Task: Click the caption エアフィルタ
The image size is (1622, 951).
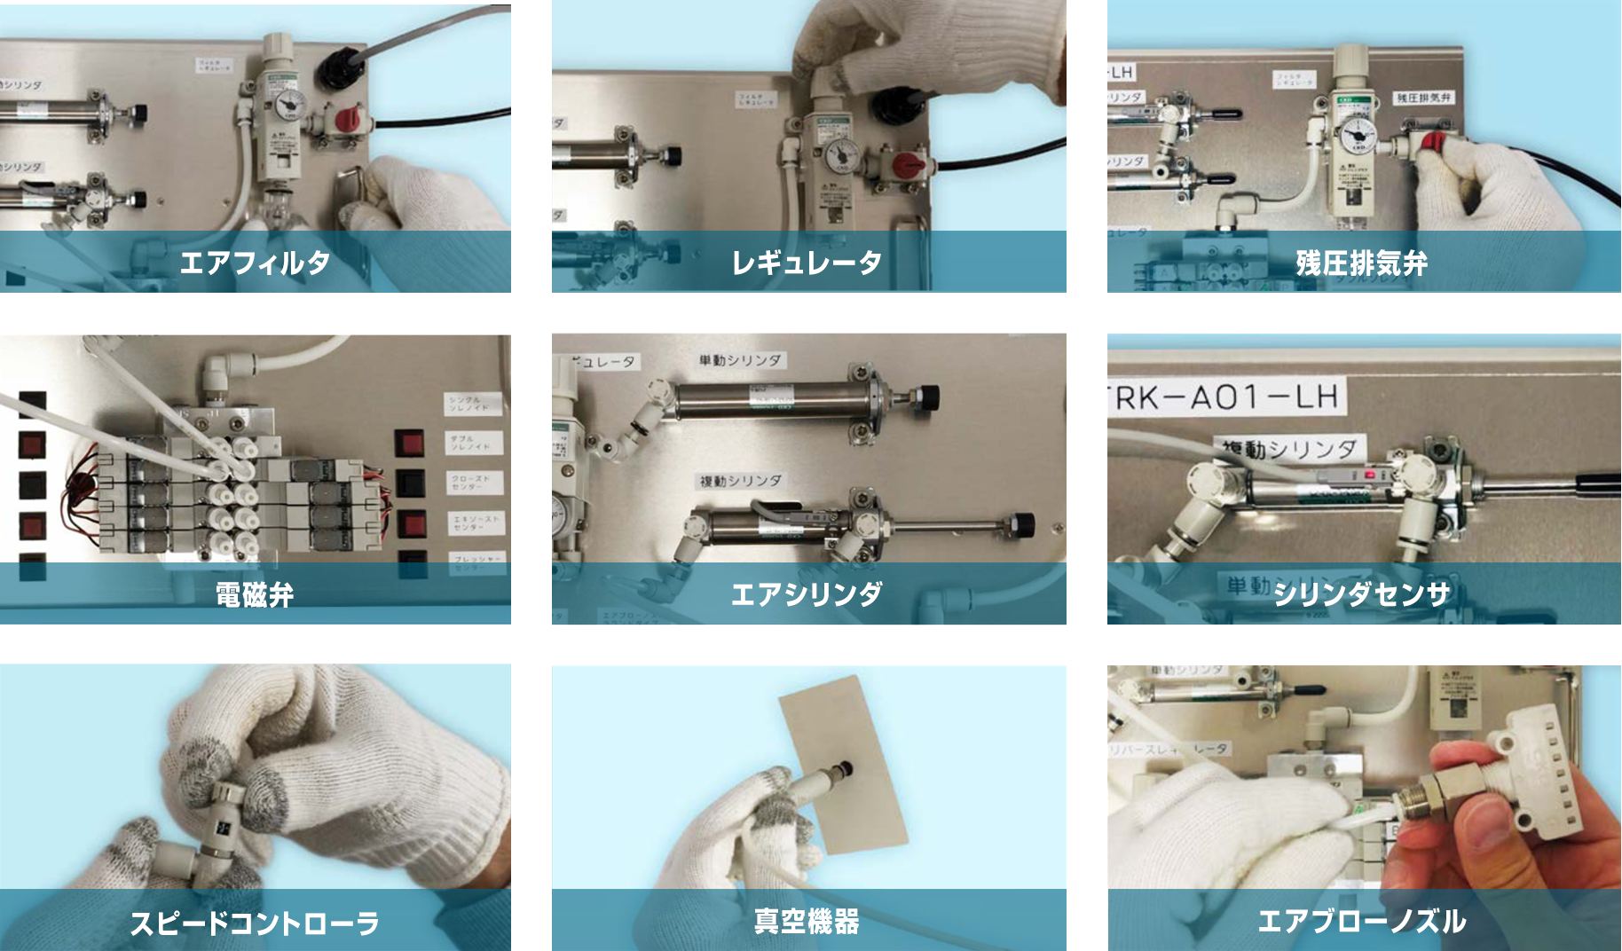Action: [255, 262]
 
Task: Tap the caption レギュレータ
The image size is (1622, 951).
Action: [807, 262]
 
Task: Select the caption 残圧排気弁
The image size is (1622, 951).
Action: [1361, 263]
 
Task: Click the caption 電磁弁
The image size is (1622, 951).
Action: [255, 593]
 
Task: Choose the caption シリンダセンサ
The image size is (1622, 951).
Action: [1361, 593]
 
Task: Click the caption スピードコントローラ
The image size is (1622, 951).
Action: [255, 923]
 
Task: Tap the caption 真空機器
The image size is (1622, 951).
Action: [807, 921]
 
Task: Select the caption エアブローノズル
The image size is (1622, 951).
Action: [1361, 921]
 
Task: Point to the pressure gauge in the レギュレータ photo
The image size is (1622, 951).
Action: [840, 158]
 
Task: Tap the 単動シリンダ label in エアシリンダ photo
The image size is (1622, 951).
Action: [740, 359]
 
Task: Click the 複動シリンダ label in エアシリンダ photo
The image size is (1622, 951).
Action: [740, 480]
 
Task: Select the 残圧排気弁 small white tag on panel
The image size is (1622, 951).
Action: [1423, 98]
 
